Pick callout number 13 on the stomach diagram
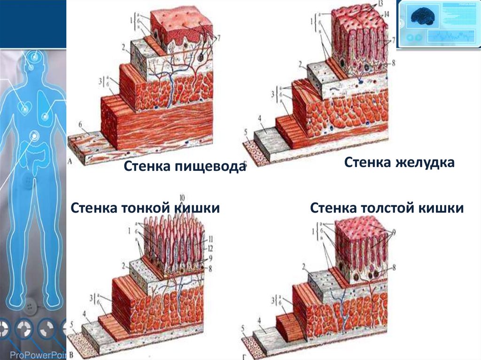click(x=380, y=4)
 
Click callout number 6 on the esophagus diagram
click(x=81, y=124)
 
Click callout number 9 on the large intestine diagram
click(x=393, y=231)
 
